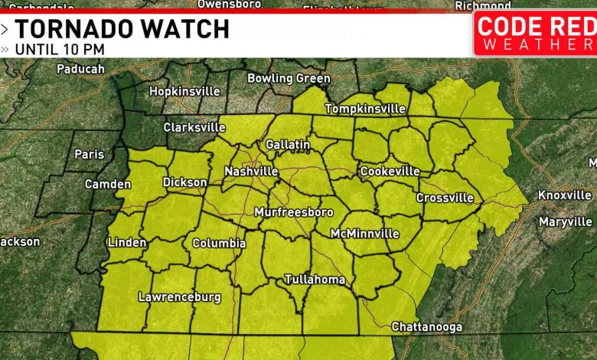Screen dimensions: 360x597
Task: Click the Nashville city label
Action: (251, 172)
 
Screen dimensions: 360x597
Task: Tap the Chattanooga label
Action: (427, 327)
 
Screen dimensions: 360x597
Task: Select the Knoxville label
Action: (565, 195)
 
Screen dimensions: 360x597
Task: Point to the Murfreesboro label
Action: (294, 212)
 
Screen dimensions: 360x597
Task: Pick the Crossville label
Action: (445, 198)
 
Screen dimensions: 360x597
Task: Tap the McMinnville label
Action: (364, 233)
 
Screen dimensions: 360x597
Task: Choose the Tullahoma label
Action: (315, 280)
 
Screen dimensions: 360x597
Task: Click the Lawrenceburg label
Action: (179, 296)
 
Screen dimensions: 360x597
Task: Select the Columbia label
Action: (219, 244)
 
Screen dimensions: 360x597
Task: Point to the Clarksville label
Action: (194, 127)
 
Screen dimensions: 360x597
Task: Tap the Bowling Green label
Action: (289, 78)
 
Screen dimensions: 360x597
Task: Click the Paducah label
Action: (80, 69)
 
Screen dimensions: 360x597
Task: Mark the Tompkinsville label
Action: (365, 109)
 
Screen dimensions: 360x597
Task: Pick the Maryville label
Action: (566, 222)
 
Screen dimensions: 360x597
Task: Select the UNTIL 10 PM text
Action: (59, 50)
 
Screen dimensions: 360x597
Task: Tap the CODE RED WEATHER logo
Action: (536, 32)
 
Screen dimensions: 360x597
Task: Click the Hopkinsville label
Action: (184, 91)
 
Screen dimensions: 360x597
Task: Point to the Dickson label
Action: (184, 182)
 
